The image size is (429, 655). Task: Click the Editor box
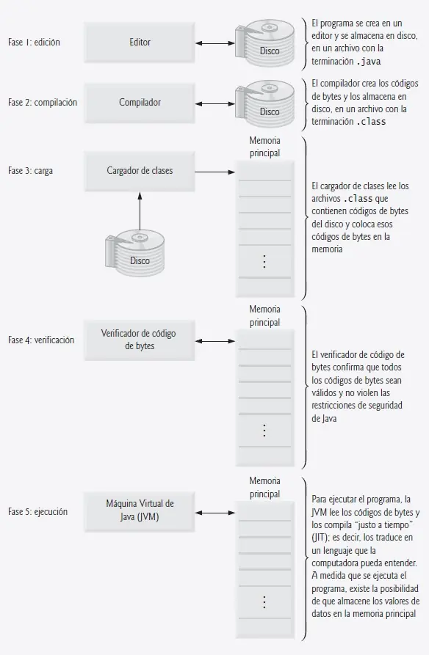click(x=140, y=43)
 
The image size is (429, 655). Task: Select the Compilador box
click(x=140, y=103)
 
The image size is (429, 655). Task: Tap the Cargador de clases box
click(x=140, y=171)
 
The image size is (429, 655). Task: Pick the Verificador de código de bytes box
click(x=140, y=340)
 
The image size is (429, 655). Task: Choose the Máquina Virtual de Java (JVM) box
click(x=140, y=512)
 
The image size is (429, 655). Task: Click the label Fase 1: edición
click(x=34, y=43)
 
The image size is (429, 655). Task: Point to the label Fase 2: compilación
click(x=43, y=103)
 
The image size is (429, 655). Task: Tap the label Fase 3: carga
click(x=30, y=171)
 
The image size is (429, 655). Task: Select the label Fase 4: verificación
click(x=41, y=340)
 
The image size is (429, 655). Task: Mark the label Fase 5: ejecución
click(x=37, y=512)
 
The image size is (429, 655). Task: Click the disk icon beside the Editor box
click(x=264, y=43)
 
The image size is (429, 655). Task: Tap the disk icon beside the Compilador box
click(x=264, y=103)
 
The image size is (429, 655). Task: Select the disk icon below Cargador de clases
click(x=134, y=252)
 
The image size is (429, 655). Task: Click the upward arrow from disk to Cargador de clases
click(x=140, y=211)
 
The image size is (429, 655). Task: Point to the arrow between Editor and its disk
click(x=215, y=43)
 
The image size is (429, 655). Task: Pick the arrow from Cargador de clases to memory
click(x=215, y=172)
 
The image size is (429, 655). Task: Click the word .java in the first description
click(x=368, y=62)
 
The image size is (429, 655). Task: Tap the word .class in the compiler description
click(x=371, y=122)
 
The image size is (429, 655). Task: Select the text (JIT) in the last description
click(x=320, y=538)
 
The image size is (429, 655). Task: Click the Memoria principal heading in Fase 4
click(x=264, y=316)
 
